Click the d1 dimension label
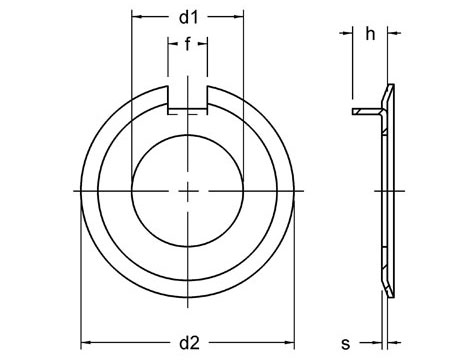188,18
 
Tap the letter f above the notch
188,44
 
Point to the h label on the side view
370,35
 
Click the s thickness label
345,344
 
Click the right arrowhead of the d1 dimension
240,18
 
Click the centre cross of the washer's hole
188,189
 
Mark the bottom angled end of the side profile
386,286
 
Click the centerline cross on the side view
387,189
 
